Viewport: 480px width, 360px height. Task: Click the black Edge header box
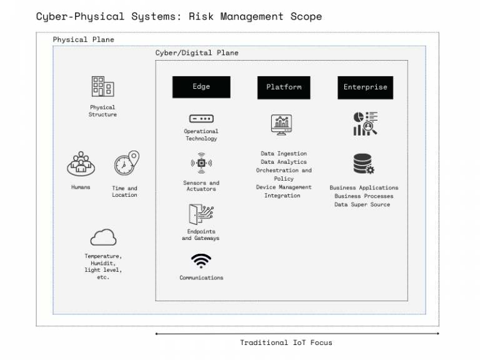pyautogui.click(x=201, y=87)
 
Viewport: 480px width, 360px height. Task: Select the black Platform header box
pyautogui.click(x=284, y=87)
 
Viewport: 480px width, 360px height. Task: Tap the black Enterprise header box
pyautogui.click(x=365, y=87)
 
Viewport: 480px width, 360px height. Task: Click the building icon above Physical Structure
pyautogui.click(x=102, y=87)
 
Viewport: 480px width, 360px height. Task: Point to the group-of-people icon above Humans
pyautogui.click(x=80, y=164)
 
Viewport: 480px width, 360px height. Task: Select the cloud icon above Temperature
pyautogui.click(x=103, y=237)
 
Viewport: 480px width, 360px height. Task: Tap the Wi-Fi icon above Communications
pyautogui.click(x=201, y=260)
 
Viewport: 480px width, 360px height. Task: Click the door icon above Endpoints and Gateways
pyautogui.click(x=201, y=215)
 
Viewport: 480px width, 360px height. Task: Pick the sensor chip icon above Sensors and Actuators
pyautogui.click(x=201, y=164)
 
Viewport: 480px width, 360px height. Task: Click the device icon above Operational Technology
pyautogui.click(x=201, y=119)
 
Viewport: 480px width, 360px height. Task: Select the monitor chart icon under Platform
pyautogui.click(x=282, y=125)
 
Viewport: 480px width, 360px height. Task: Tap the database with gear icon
pyautogui.click(x=363, y=164)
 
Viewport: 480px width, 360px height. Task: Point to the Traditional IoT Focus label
pyautogui.click(x=286, y=342)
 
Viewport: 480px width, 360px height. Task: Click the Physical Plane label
pyautogui.click(x=83, y=39)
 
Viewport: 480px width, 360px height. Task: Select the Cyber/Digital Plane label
pyautogui.click(x=196, y=53)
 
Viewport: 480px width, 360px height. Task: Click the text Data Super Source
pyautogui.click(x=362, y=204)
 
